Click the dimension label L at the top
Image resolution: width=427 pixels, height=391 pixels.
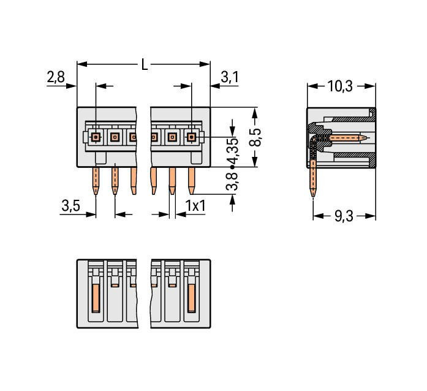click(x=145, y=64)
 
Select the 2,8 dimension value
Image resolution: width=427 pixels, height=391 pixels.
click(x=56, y=77)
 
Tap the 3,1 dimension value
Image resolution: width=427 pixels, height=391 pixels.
click(x=229, y=77)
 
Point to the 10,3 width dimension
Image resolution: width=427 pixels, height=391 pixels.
click(x=339, y=86)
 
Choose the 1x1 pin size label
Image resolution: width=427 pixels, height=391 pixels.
click(x=195, y=206)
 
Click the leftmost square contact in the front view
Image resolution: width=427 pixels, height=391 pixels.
click(x=96, y=137)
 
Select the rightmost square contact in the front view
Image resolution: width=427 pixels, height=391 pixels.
click(x=192, y=137)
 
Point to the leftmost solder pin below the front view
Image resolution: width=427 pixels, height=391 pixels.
click(x=96, y=181)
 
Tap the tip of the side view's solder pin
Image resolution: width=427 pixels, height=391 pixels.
click(x=314, y=195)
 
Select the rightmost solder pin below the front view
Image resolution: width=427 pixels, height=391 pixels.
click(x=192, y=180)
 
